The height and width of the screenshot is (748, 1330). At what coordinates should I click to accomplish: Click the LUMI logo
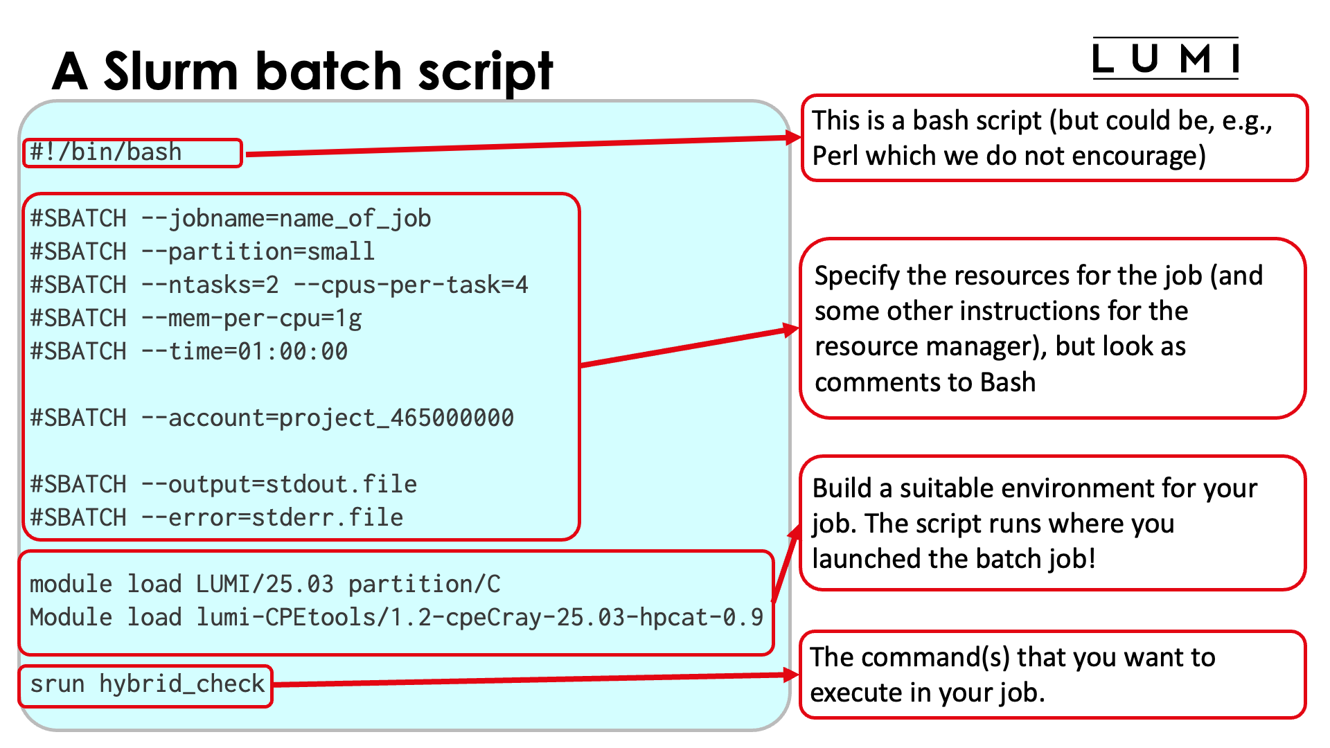point(1165,59)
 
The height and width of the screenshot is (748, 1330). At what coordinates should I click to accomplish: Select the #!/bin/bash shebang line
point(106,152)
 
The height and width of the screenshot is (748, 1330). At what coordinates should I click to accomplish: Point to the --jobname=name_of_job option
point(286,219)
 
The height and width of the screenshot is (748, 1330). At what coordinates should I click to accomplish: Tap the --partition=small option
point(258,252)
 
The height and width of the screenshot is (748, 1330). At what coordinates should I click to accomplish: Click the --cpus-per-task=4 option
point(411,285)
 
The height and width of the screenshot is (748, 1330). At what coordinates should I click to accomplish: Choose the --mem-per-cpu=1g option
point(251,319)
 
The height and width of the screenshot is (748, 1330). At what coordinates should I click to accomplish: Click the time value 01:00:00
point(293,352)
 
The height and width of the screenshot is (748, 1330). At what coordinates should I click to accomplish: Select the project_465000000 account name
point(397,418)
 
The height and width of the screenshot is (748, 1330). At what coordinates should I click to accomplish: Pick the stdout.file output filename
point(342,485)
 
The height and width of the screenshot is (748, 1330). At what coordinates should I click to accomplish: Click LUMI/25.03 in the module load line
point(265,585)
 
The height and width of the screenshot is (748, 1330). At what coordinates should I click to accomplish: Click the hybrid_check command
point(182,684)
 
